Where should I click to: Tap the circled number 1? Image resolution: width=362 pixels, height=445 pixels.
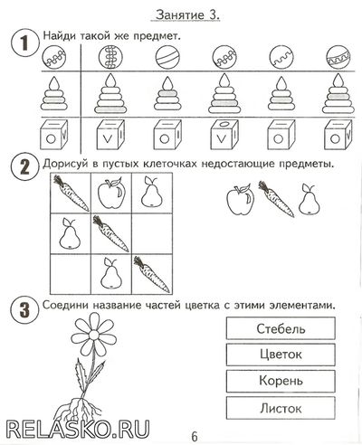click(x=25, y=43)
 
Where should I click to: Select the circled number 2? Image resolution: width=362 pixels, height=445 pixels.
click(x=25, y=166)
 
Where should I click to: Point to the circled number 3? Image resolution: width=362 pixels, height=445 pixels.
click(x=25, y=310)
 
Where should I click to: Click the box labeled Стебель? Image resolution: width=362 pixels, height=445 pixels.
click(x=281, y=328)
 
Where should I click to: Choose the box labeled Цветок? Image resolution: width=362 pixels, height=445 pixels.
click(x=281, y=355)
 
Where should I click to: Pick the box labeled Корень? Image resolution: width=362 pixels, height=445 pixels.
click(x=281, y=381)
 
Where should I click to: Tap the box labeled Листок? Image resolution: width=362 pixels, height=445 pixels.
click(x=281, y=408)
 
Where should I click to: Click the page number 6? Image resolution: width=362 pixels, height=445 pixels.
click(x=195, y=436)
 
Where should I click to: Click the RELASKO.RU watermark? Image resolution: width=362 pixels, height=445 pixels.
click(x=78, y=429)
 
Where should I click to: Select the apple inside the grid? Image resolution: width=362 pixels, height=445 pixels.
click(x=111, y=193)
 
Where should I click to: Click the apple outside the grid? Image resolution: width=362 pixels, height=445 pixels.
click(x=240, y=199)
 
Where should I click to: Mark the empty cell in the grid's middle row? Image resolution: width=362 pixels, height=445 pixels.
click(x=152, y=233)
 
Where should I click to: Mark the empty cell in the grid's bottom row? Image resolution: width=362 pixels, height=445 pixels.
click(x=71, y=274)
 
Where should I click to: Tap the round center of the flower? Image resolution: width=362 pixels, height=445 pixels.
click(x=94, y=335)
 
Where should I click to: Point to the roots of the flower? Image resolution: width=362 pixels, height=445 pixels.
click(x=81, y=409)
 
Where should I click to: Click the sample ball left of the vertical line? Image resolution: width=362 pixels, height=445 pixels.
click(x=54, y=57)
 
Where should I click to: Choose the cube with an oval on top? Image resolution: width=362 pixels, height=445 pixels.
click(x=224, y=135)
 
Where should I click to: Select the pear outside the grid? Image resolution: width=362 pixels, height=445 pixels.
click(x=310, y=200)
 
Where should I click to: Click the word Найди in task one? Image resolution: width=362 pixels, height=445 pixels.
click(x=59, y=36)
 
